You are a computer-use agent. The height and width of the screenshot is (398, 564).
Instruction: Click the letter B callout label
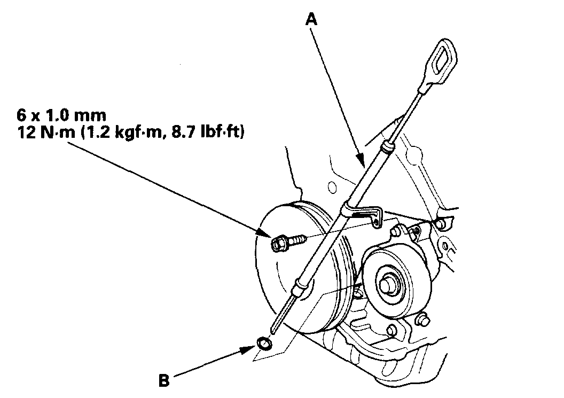click(x=164, y=381)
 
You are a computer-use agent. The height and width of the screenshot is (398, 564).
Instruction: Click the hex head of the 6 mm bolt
click(x=278, y=244)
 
